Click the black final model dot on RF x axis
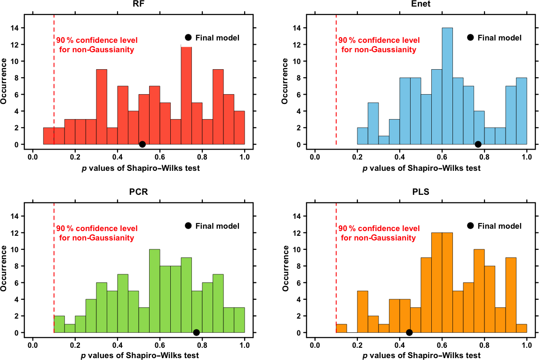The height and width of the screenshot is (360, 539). pos(143,144)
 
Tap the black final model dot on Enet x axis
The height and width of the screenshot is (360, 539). pos(478,144)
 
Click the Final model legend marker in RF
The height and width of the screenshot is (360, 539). pos(188,38)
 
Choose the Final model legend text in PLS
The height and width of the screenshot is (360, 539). pos(499,226)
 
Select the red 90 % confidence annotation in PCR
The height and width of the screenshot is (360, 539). pos(97,233)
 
